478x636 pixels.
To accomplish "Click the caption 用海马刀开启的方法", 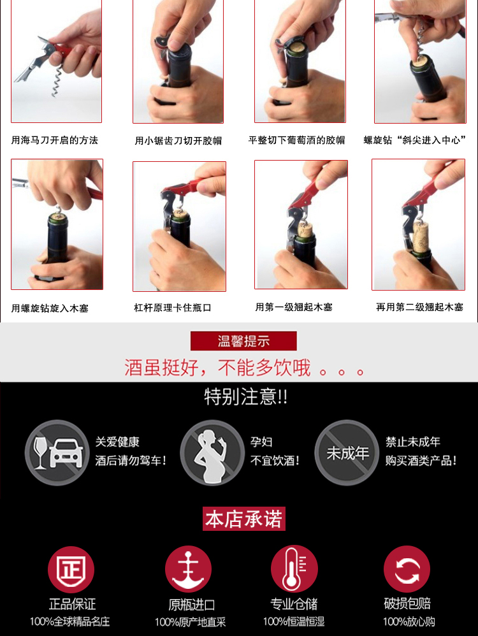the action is [54, 140].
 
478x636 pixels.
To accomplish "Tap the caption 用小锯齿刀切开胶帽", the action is [178, 141].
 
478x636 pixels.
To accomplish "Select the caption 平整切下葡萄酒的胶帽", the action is [296, 140].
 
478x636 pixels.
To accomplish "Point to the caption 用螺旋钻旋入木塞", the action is [50, 308].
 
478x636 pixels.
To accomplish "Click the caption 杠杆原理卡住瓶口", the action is [173, 308].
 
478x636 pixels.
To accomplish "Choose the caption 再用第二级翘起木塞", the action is [419, 307].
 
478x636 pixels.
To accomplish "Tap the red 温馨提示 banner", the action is [243, 341].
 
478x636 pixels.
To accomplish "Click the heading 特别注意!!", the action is [246, 396].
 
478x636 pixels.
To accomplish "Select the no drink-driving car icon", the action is [57, 452].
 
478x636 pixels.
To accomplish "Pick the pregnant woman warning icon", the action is [212, 452].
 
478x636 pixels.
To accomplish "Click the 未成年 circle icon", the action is [347, 452].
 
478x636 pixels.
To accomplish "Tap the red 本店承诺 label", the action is [244, 519].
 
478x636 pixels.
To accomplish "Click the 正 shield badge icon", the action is [71, 570].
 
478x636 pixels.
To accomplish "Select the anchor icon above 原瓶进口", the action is [188, 568].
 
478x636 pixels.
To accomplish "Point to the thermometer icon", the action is [294, 568].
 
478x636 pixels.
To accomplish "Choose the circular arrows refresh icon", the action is [407, 569].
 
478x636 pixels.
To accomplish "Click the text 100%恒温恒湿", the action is [294, 621].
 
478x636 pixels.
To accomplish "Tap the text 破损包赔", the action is [407, 603].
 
